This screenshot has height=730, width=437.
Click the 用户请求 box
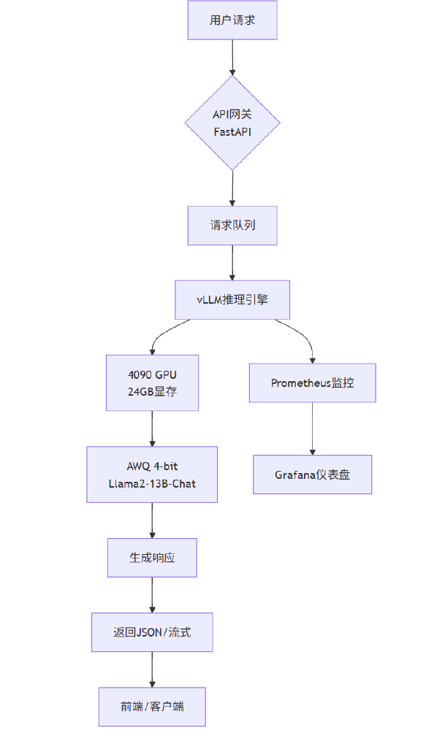[x=232, y=20]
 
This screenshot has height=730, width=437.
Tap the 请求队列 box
[x=232, y=226]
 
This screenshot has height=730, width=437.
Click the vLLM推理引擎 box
[x=232, y=300]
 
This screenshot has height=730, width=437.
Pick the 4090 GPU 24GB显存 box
[x=152, y=383]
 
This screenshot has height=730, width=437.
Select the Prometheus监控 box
[x=312, y=383]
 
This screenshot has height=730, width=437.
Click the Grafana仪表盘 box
[x=312, y=474]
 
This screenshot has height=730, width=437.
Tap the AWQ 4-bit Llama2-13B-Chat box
[x=152, y=474]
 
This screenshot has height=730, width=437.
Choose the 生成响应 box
[x=152, y=558]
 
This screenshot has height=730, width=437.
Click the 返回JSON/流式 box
[x=152, y=632]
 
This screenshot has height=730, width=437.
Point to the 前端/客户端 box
[x=152, y=707]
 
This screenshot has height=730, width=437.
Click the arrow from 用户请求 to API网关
[x=232, y=57]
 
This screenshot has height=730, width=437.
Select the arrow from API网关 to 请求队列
[x=232, y=188]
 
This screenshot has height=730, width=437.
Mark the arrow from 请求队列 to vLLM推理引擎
[x=232, y=263]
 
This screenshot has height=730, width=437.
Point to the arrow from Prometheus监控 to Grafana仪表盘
[x=312, y=429]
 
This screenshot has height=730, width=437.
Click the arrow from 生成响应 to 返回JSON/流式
[x=152, y=595]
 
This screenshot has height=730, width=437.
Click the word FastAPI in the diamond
[x=232, y=133]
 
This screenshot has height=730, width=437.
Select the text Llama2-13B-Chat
[x=152, y=483]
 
